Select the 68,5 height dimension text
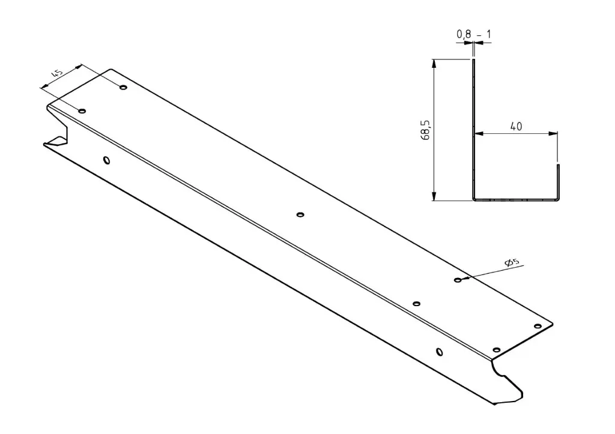tap(425, 129)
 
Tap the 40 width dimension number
tap(516, 126)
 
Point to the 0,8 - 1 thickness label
tap(474, 35)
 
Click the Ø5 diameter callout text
tap(512, 262)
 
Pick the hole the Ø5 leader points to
tap(458, 280)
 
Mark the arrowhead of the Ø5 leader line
tap(464, 278)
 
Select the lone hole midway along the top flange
tap(301, 214)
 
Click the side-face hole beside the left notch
tap(106, 160)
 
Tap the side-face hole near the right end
tap(439, 351)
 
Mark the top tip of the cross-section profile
tap(473, 60)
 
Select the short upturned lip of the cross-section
tap(558, 180)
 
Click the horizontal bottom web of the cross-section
tap(515, 199)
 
